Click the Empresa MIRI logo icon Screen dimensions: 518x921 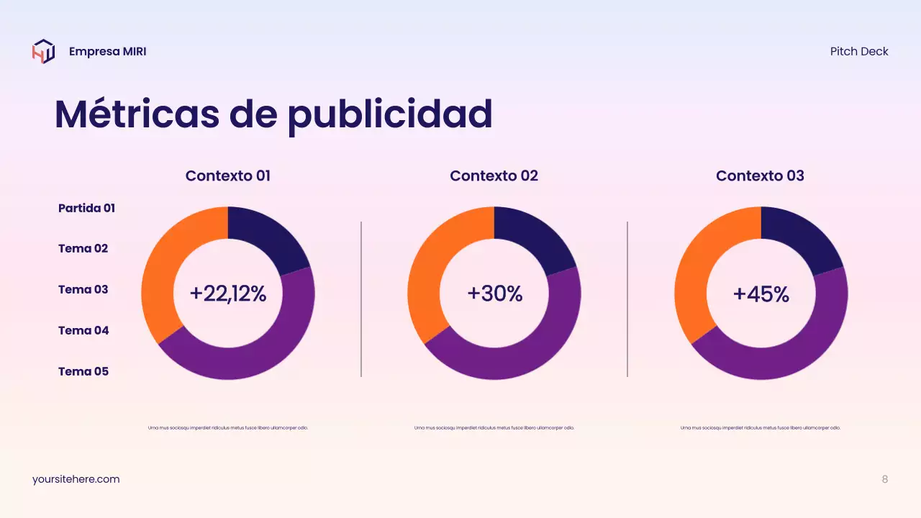point(43,52)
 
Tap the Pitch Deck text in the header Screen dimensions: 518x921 point(859,52)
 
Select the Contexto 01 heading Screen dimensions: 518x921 point(228,176)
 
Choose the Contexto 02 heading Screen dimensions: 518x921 point(494,176)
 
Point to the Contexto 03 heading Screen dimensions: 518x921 point(760,176)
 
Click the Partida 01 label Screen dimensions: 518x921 point(86,208)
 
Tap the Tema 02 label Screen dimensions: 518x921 point(83,248)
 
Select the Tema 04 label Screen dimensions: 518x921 point(83,330)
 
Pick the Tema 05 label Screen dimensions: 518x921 point(83,371)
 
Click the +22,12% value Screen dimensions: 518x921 point(228,294)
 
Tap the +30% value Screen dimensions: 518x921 point(494,294)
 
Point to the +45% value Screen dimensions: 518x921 point(761,294)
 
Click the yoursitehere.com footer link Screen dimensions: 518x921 point(76,479)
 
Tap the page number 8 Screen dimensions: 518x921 point(885,479)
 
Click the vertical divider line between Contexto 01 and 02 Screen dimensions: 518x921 point(361,299)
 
